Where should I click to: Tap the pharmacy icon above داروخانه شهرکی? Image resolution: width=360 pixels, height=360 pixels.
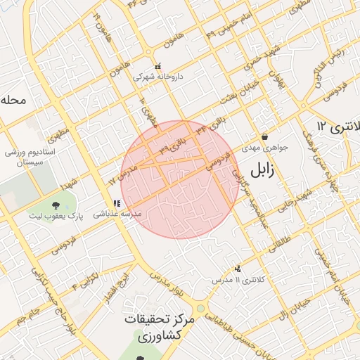157,66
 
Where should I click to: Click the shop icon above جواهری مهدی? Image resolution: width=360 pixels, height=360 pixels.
264,136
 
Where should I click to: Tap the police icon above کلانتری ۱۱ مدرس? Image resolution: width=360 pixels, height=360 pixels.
238,269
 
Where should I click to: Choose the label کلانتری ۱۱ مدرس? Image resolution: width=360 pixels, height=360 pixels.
239,281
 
